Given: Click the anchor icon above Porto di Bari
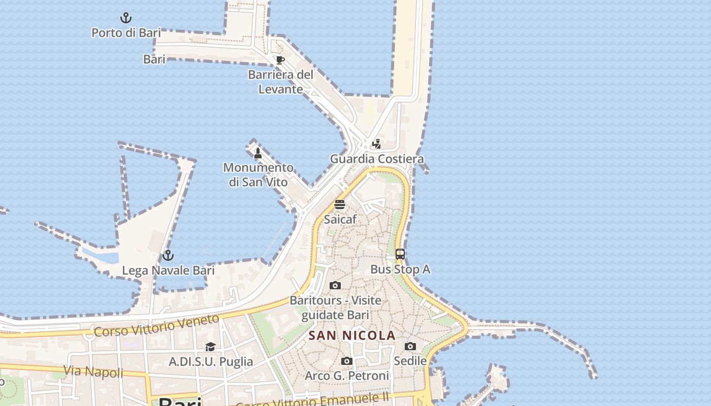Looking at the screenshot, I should pos(126,18).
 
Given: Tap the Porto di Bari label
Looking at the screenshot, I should pos(126,33).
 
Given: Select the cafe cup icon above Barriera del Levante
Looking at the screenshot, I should pos(280,60).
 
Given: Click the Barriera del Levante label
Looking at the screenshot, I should pos(280,82).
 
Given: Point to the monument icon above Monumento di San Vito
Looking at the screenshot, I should pos(258,153).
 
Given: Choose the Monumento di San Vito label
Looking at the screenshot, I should pos(258,175).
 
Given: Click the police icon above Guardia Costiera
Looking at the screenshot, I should pos(376,144).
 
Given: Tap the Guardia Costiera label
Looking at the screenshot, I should pos(377,159).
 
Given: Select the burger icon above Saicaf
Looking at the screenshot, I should pos(340,205).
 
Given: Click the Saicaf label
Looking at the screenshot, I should pos(340,219).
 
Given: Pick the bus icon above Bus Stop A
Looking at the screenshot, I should pos(400,254).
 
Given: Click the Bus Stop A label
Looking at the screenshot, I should pos(400,269).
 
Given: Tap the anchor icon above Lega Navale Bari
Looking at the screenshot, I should pos(168,255).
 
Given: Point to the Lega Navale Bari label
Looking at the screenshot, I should pos(168,270).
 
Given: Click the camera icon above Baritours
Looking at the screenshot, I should pos(335,285).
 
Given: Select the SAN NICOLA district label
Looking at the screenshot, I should pos(352,335).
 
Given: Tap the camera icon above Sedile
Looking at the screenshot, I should pos(410,347).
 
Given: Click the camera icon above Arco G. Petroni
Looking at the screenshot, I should pos(347,361).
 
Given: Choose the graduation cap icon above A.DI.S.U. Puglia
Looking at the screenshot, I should pos(210,347).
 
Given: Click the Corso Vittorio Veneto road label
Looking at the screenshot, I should pos(157,325).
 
